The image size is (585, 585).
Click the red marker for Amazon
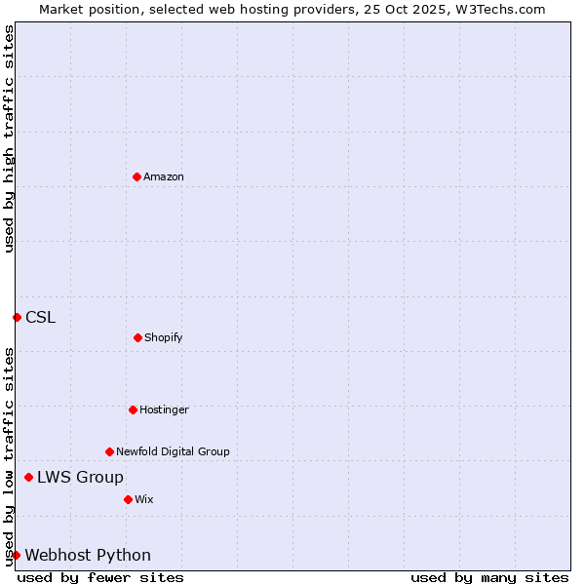click(136, 176)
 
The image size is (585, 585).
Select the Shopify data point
click(137, 337)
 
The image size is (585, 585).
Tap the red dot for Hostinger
click(133, 409)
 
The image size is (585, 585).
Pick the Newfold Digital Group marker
click(109, 451)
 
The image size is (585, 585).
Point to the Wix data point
click(128, 499)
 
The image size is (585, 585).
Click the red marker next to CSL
click(17, 317)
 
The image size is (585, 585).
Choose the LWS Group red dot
click(28, 477)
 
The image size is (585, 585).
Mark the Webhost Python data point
click(16, 555)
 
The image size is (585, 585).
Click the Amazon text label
click(164, 176)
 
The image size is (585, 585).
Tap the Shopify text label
click(164, 337)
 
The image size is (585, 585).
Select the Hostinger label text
click(164, 409)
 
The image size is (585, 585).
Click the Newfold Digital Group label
click(173, 451)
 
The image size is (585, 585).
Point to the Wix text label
click(144, 499)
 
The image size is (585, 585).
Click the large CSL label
click(41, 317)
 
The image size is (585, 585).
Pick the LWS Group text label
click(80, 477)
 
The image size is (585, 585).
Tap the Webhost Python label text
click(88, 555)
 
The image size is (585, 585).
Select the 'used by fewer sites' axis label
click(100, 577)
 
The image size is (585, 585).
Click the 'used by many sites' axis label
click(489, 577)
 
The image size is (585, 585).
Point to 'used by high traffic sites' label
click(9, 138)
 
